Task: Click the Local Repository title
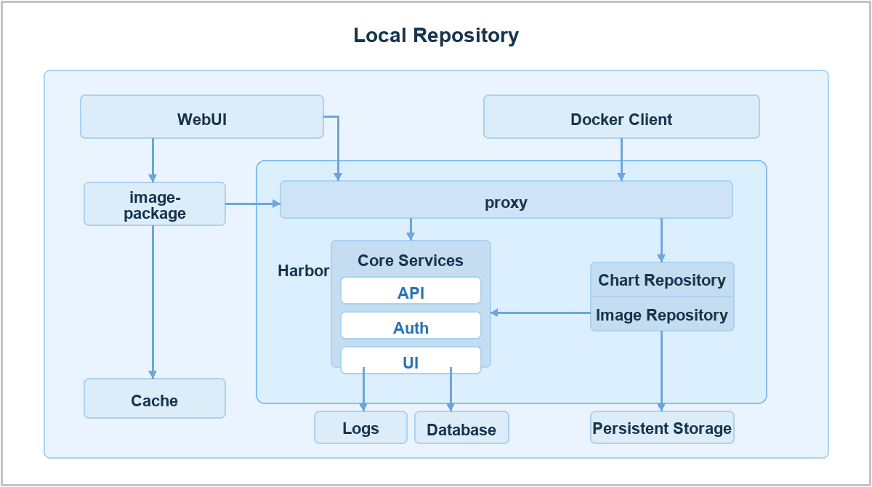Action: [436, 36]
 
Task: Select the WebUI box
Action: [202, 117]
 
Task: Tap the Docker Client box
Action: [621, 117]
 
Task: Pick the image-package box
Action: [155, 204]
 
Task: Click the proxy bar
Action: [506, 200]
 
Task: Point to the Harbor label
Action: [303, 270]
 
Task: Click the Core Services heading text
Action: [411, 260]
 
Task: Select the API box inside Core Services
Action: [411, 291]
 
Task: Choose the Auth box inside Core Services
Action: [411, 326]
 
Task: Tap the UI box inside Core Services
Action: [411, 361]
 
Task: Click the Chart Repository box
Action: [662, 280]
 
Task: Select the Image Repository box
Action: [662, 314]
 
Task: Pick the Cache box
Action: [155, 398]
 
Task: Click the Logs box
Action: [360, 427]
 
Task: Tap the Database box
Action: [461, 427]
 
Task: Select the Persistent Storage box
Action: [662, 427]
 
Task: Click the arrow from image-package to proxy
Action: [253, 204]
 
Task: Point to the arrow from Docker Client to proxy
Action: [621, 160]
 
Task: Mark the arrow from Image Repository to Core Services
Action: [541, 313]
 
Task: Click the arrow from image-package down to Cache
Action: [153, 302]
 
